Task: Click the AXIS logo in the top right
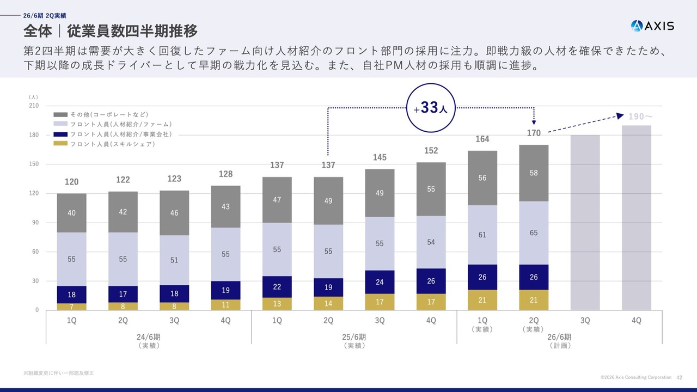652,26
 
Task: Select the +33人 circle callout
431,108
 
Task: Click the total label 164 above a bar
482,139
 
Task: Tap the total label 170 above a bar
534,133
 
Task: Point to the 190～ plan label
640,117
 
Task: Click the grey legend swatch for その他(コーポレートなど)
60,115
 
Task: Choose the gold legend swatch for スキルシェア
60,144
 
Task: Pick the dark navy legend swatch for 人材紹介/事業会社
60,134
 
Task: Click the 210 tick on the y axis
34,106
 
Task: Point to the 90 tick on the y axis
35,223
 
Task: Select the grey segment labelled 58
534,173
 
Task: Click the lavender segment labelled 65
534,233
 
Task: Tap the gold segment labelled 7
72,307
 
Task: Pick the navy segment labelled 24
380,282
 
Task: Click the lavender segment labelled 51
174,260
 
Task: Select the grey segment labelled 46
174,213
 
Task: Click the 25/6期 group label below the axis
354,337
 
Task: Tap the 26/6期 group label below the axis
559,337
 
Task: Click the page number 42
679,377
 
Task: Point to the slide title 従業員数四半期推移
132,30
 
